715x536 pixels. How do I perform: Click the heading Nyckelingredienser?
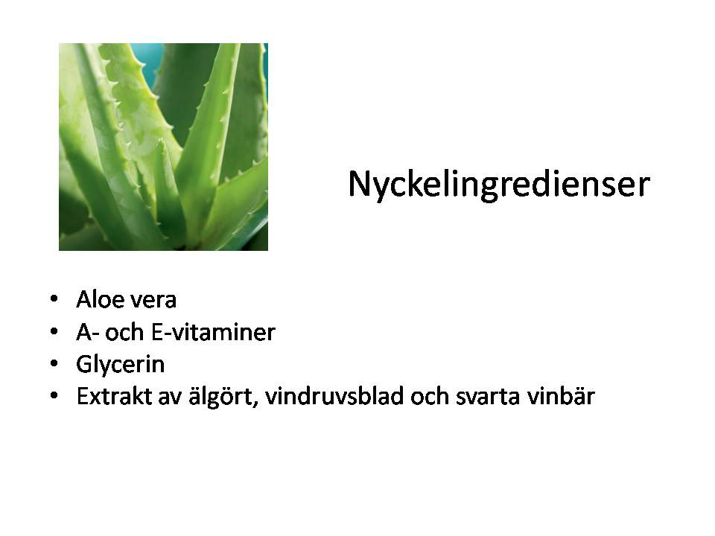tap(499, 185)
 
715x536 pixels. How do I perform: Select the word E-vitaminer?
tap(213, 332)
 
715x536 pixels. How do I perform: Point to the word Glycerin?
tap(121, 365)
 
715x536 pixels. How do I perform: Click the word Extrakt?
tap(114, 396)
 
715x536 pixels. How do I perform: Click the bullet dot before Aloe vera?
tap(54, 299)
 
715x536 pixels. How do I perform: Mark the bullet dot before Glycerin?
tap(54, 364)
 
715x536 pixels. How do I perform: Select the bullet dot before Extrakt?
tap(54, 396)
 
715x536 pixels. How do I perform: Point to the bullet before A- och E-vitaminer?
tap(54, 332)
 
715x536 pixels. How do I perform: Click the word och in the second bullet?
tap(124, 332)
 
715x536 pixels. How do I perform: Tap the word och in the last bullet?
tap(430, 396)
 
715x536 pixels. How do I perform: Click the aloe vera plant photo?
tap(163, 147)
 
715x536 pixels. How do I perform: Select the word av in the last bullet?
tap(170, 398)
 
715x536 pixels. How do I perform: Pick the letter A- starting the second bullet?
tap(88, 332)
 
